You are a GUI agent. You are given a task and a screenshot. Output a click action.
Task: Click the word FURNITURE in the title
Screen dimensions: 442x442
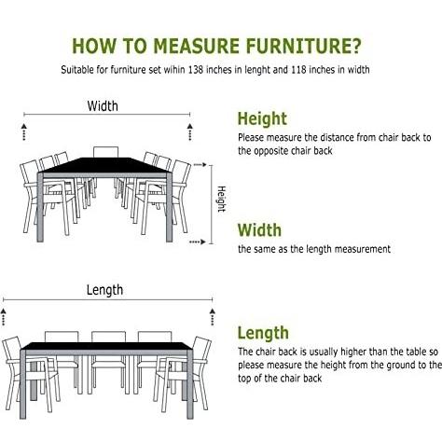[303, 46]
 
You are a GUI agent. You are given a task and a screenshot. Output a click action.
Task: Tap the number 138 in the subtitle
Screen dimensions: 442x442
[196, 70]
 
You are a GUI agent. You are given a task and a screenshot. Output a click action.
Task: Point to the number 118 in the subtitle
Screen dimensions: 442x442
[299, 70]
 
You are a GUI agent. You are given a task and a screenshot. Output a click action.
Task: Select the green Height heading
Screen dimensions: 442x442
[262, 119]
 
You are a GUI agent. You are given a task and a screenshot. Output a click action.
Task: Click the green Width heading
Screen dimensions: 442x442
[259, 230]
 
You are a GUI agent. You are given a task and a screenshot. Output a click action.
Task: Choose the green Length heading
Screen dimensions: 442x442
[263, 334]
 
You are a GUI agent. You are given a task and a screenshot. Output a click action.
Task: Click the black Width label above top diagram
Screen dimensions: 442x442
[103, 106]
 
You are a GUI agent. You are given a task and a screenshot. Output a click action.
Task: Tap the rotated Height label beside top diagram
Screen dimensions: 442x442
[221, 199]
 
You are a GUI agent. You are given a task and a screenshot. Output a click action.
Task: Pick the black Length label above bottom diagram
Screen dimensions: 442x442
[104, 290]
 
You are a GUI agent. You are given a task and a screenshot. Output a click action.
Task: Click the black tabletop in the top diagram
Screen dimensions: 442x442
[104, 165]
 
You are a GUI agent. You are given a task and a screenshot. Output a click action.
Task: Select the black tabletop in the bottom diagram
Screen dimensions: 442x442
[107, 346]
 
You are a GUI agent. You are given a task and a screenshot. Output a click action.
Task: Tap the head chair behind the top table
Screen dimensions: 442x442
[106, 152]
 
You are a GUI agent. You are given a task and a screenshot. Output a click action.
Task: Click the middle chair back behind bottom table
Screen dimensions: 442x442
[108, 337]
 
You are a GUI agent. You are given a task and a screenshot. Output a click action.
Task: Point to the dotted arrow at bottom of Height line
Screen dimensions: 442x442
[198, 242]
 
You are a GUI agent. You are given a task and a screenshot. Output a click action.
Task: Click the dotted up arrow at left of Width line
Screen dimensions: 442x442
[24, 131]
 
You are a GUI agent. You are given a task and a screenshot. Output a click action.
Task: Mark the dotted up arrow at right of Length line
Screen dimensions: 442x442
[213, 317]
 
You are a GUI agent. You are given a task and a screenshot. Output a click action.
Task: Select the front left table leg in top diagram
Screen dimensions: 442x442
[40, 207]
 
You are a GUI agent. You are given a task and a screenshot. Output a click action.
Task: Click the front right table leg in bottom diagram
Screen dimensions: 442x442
[190, 384]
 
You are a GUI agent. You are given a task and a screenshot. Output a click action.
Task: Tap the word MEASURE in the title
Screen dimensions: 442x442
[197, 46]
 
